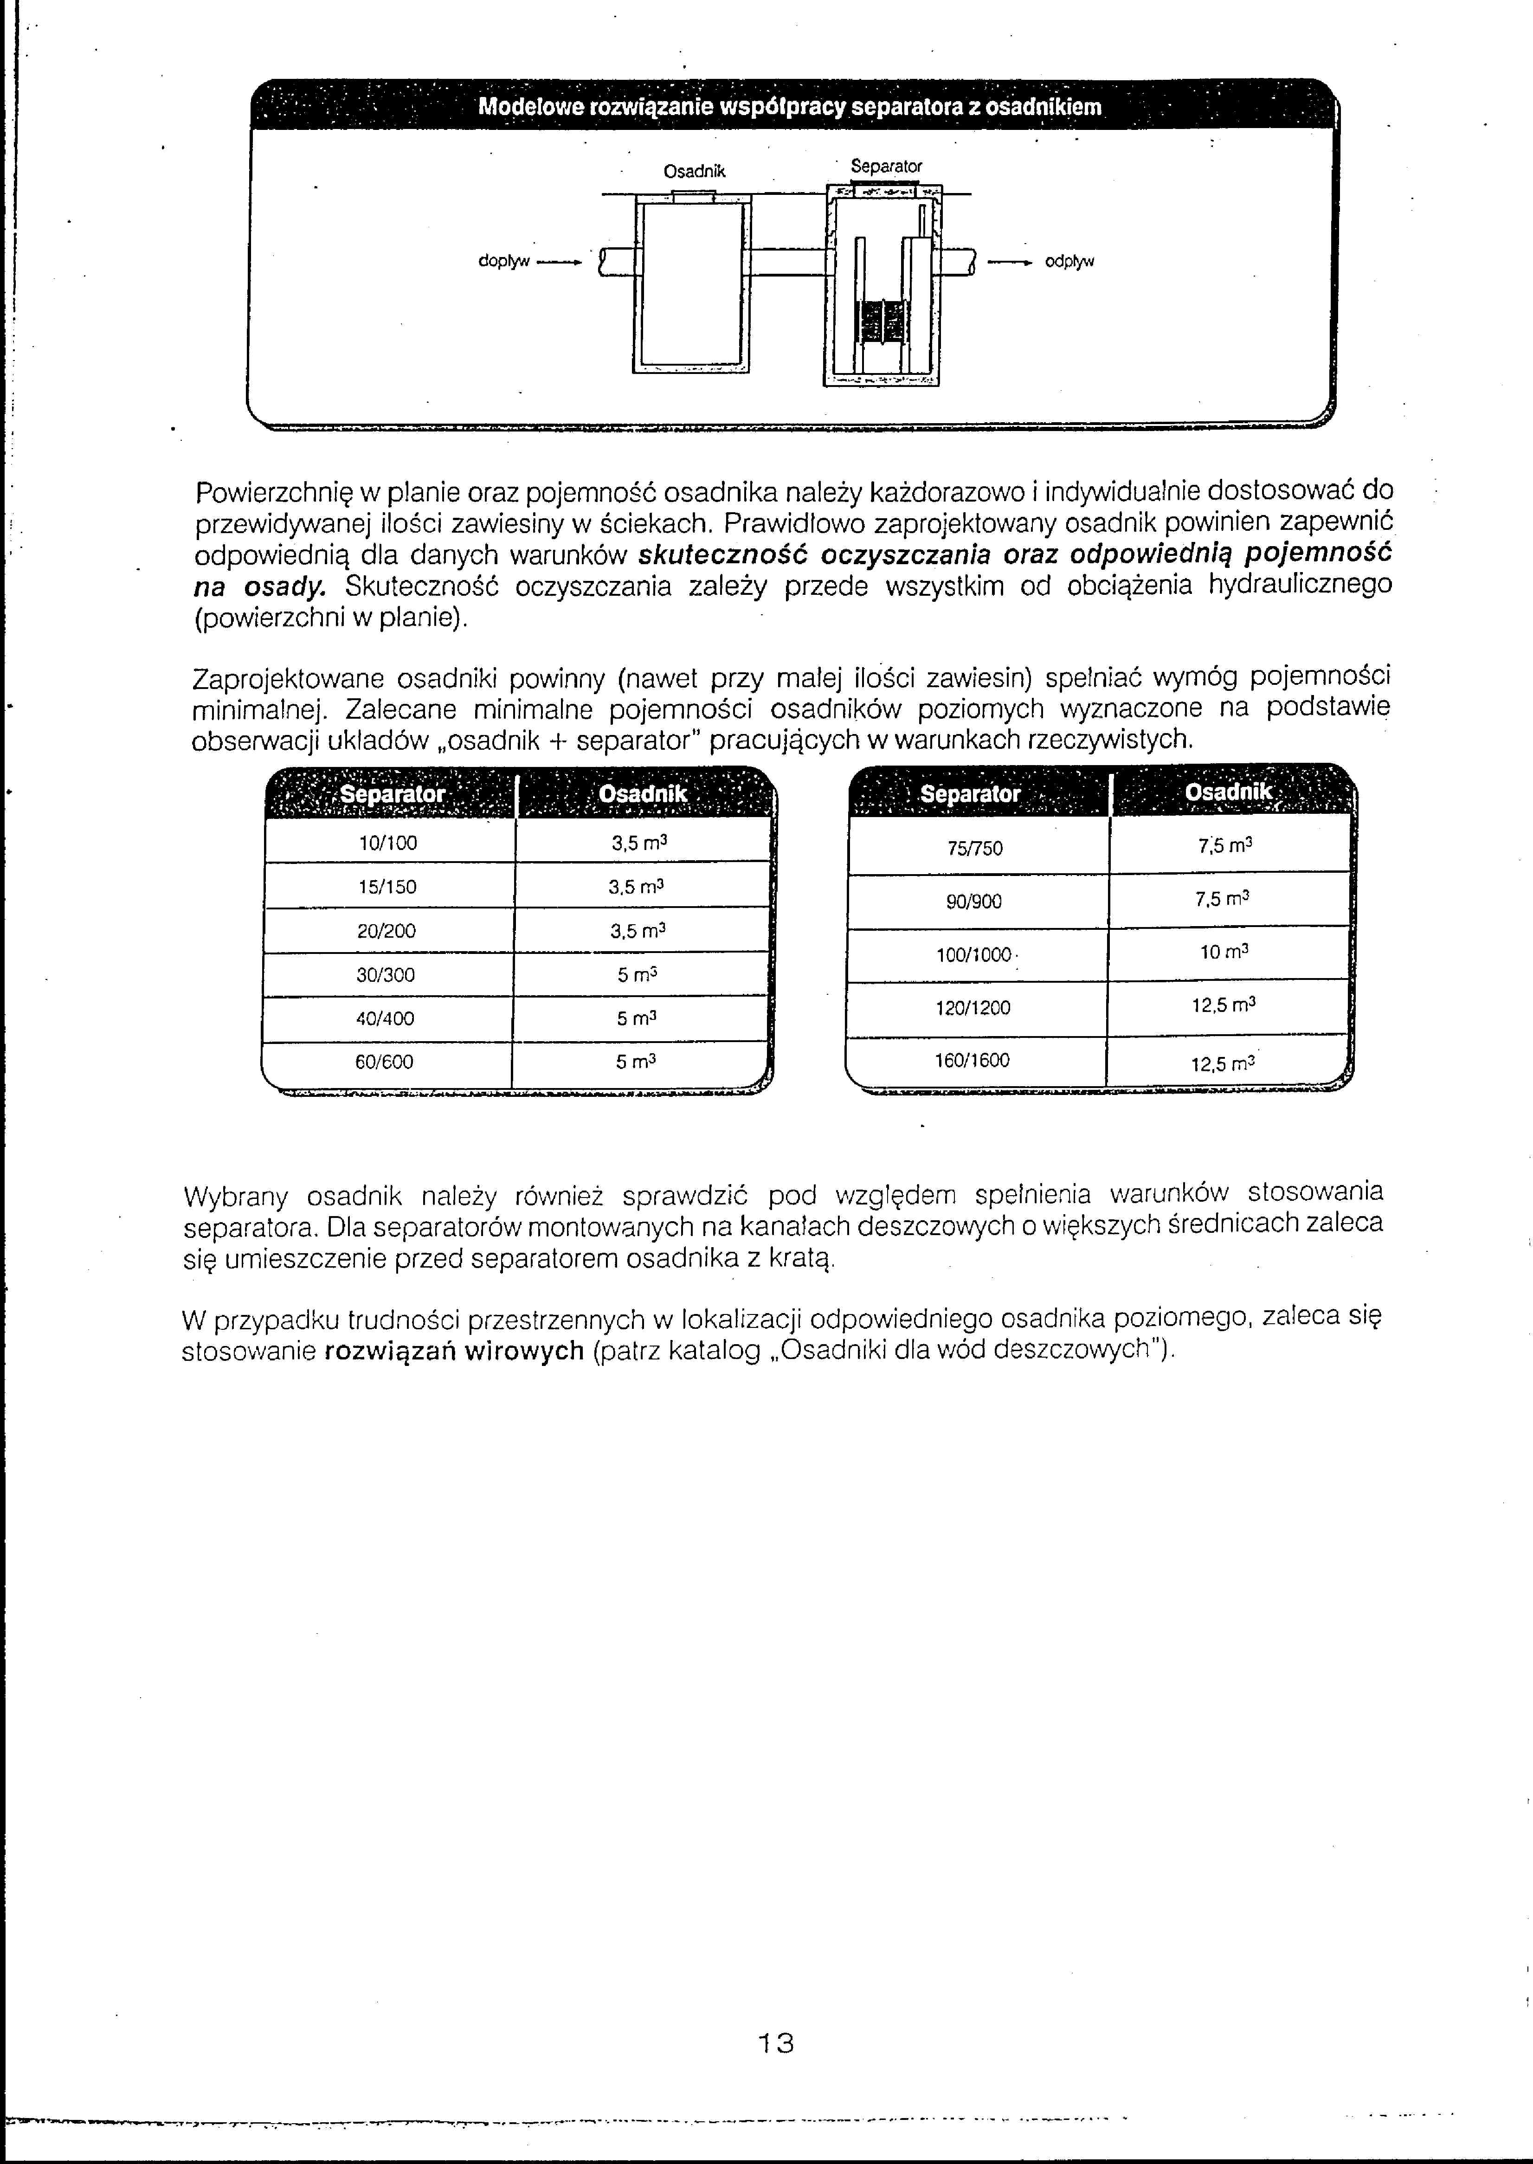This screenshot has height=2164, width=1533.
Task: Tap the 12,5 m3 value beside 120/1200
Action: coord(1224,1006)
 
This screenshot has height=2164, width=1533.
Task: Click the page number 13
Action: coord(776,2043)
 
